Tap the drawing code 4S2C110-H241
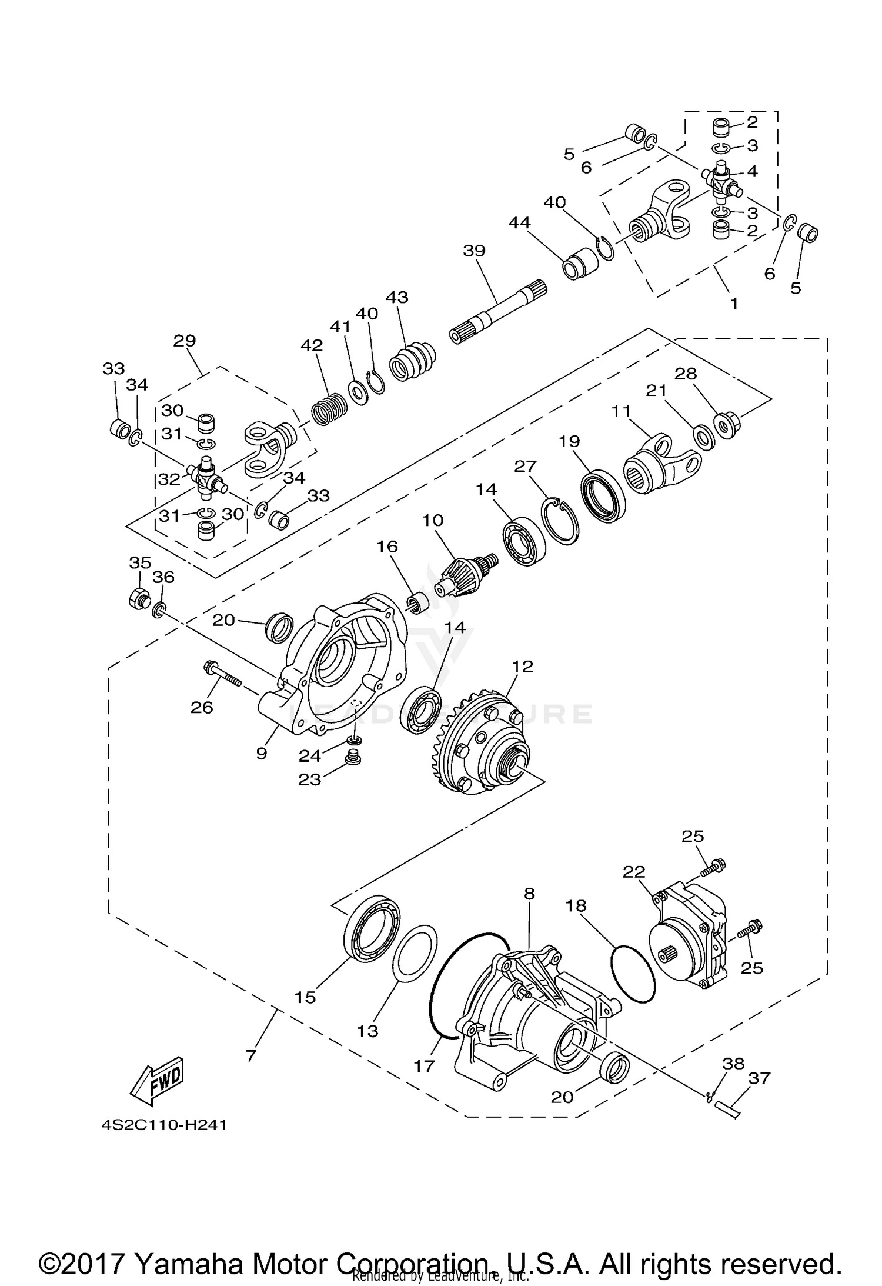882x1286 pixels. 163,1125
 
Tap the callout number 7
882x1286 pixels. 251,1055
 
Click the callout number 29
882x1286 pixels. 185,341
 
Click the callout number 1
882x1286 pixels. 733,304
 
